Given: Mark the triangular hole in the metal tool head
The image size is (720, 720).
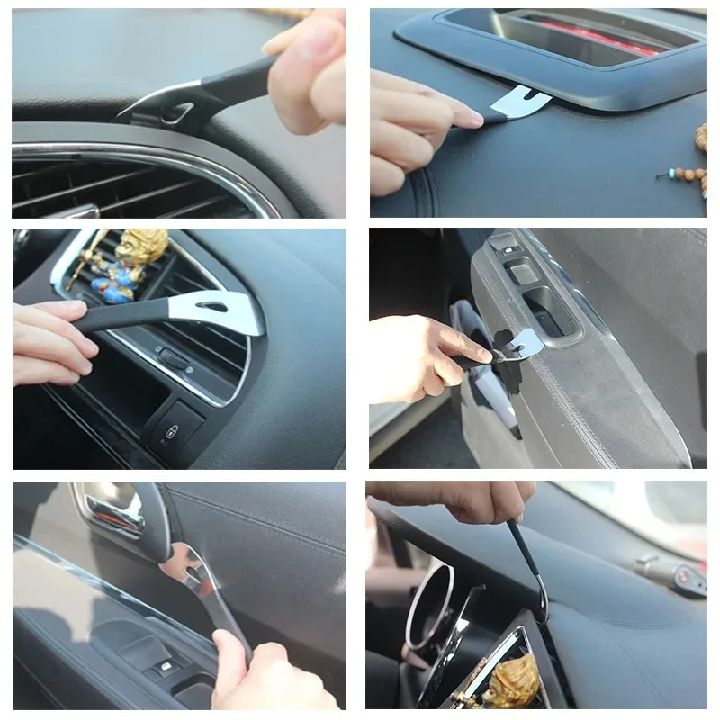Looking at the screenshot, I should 214,308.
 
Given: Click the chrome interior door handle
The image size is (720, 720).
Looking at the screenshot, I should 112,513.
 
